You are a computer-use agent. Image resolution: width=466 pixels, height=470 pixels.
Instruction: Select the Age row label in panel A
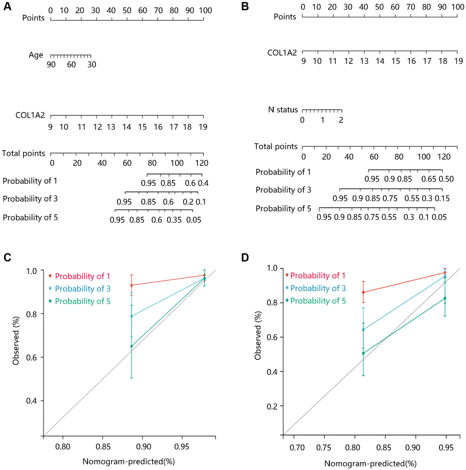click(x=36, y=55)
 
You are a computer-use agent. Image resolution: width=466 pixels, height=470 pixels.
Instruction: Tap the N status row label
click(x=283, y=110)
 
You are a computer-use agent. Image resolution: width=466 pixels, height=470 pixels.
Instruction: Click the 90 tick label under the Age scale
click(x=51, y=65)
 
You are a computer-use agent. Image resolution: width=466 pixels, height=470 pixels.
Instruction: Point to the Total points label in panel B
click(x=276, y=147)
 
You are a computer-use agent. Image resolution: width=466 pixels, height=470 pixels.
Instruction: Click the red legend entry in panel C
click(x=82, y=276)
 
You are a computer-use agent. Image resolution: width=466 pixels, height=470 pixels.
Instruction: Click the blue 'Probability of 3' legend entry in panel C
click(x=82, y=288)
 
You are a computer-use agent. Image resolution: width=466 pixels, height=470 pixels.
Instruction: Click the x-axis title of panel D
click(x=371, y=463)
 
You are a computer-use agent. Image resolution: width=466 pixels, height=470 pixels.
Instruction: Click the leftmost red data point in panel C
click(x=132, y=285)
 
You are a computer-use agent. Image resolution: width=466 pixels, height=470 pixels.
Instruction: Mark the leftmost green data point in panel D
click(x=363, y=353)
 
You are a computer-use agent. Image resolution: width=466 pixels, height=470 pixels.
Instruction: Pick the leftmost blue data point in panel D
click(x=363, y=330)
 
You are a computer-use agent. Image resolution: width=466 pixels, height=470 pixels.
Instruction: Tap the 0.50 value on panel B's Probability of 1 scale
click(x=446, y=179)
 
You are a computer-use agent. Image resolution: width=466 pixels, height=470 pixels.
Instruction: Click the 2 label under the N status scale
click(x=341, y=120)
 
